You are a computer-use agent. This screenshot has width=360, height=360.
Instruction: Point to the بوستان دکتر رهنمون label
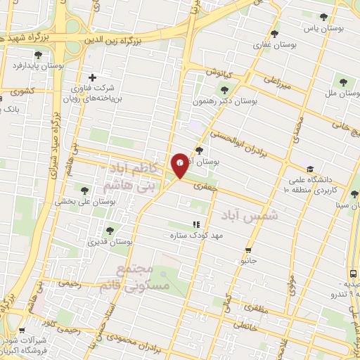[x=226, y=101]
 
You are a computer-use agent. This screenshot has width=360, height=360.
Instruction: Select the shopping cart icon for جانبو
[x=247, y=250]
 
